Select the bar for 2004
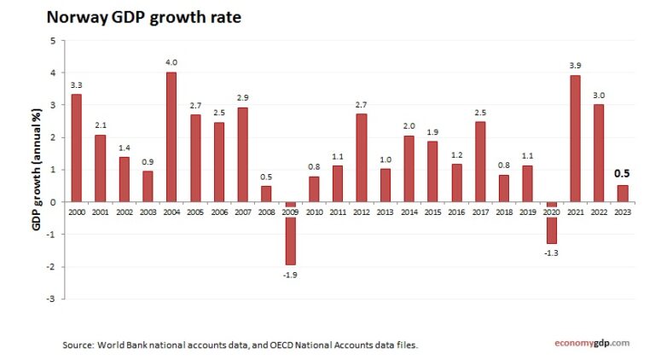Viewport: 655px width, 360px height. tap(171, 136)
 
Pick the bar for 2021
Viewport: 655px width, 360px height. tap(574, 138)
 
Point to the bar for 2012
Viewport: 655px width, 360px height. tap(361, 158)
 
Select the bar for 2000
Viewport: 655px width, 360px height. tap(77, 148)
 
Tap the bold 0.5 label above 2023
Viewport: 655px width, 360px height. tap(622, 174)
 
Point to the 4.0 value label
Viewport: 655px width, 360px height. tap(171, 61)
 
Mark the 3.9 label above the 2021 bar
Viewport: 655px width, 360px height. tap(574, 65)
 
